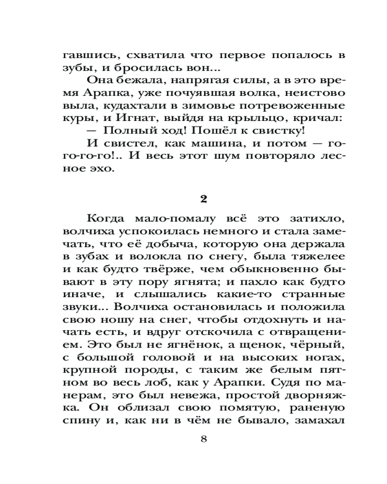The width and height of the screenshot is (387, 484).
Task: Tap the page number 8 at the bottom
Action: click(x=204, y=439)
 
